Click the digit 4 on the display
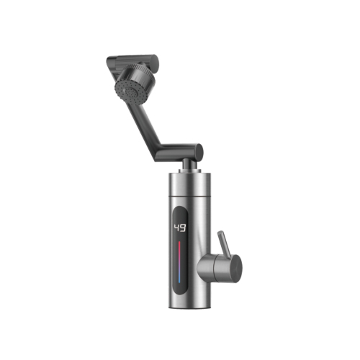(x=177, y=228)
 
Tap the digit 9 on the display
(x=183, y=228)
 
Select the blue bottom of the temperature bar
(x=179, y=279)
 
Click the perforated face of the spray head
(x=126, y=91)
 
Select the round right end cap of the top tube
(x=154, y=61)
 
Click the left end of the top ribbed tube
(x=110, y=60)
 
